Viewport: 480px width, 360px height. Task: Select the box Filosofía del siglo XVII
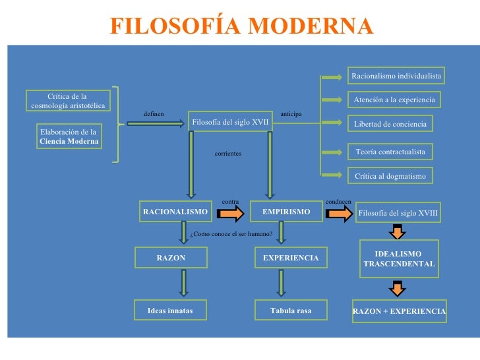(x=230, y=123)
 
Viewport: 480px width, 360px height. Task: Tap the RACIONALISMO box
(x=175, y=212)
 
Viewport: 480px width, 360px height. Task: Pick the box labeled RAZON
(x=171, y=258)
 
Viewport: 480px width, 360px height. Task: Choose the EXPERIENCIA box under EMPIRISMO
(x=290, y=258)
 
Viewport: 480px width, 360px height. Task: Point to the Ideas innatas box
(x=171, y=311)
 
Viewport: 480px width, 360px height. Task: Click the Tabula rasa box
(x=290, y=311)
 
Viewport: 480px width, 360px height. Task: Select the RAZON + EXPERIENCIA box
(x=399, y=311)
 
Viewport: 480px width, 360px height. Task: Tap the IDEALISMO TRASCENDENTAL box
(x=399, y=258)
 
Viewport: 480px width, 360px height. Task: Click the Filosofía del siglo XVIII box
(x=398, y=213)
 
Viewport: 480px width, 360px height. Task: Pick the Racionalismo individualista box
(x=396, y=76)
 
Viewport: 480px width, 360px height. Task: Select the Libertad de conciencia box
(x=390, y=124)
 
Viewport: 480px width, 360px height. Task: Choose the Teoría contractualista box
(x=390, y=152)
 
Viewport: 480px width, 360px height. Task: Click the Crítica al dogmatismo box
(x=390, y=176)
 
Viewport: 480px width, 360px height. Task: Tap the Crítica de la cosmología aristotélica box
(x=67, y=102)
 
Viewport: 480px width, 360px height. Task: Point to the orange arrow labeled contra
(x=231, y=213)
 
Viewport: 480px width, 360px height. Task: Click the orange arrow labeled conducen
(x=340, y=213)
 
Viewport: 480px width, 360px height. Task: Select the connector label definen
(x=154, y=114)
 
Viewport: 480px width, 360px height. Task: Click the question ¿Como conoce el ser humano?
(x=231, y=234)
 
